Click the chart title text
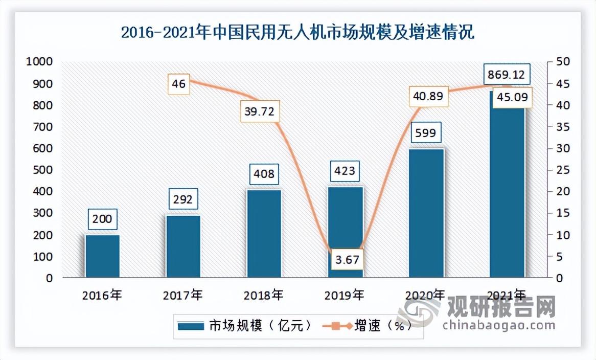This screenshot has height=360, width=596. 297,33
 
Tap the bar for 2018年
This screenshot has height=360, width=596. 264,234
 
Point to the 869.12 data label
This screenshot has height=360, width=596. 505,75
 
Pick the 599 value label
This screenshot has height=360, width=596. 426,133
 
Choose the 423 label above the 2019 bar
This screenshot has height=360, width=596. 344,170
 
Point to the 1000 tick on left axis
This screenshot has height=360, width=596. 39,62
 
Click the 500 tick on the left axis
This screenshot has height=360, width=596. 43,170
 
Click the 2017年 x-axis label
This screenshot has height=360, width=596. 182,295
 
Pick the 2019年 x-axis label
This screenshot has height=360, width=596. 345,295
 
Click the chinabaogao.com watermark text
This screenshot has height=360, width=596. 498,325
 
